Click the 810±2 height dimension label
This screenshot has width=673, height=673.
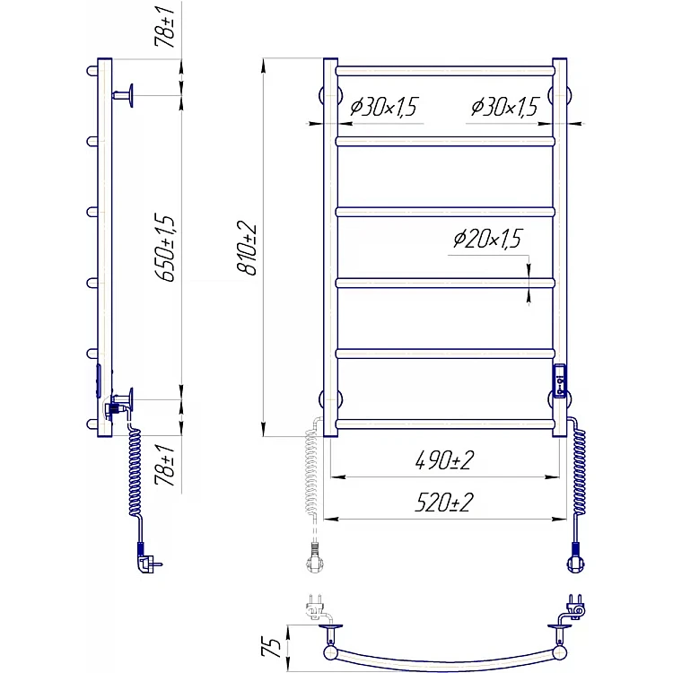tap(247, 248)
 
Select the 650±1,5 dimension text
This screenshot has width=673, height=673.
tap(165, 248)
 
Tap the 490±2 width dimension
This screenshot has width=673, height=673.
tap(444, 460)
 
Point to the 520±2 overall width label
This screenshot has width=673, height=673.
tap(444, 503)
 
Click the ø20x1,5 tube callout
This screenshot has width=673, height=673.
tap(487, 238)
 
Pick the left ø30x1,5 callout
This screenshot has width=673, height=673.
tap(384, 106)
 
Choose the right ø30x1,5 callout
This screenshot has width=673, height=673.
tap(504, 106)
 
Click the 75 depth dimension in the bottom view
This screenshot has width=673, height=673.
tap(271, 648)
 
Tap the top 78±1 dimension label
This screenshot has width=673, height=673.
tap(165, 27)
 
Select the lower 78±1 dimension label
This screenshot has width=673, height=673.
tap(165, 465)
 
